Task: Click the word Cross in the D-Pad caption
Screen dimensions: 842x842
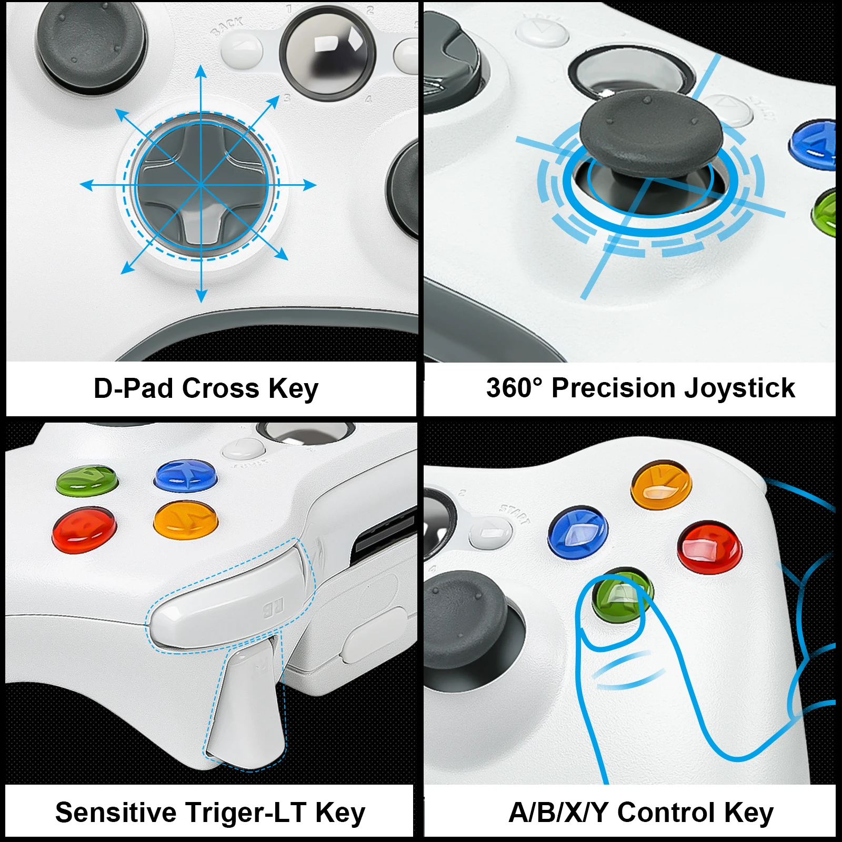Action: point(221,388)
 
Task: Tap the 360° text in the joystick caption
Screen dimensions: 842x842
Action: point(513,388)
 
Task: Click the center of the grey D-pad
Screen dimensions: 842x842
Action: point(201,185)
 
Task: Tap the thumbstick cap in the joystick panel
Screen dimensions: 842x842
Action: point(649,131)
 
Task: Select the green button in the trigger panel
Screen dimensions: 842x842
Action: point(87,479)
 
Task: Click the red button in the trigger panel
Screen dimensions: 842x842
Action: point(84,529)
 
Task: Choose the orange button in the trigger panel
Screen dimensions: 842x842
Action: point(186,519)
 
